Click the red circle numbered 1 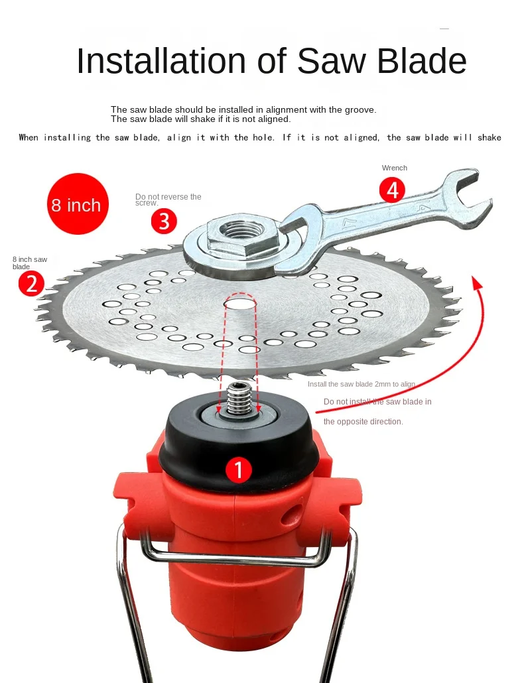click(239, 469)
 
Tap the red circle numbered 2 click(31, 283)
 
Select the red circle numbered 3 click(164, 221)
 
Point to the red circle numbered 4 click(392, 190)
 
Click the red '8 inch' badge click(78, 204)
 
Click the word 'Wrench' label click(395, 168)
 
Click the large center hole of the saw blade click(241, 302)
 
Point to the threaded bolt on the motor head click(238, 399)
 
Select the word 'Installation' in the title click(161, 60)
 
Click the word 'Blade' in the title click(422, 60)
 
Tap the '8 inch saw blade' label click(30, 263)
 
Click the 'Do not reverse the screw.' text click(168, 199)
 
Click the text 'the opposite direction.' click(363, 422)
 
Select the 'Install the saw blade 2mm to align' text click(361, 384)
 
